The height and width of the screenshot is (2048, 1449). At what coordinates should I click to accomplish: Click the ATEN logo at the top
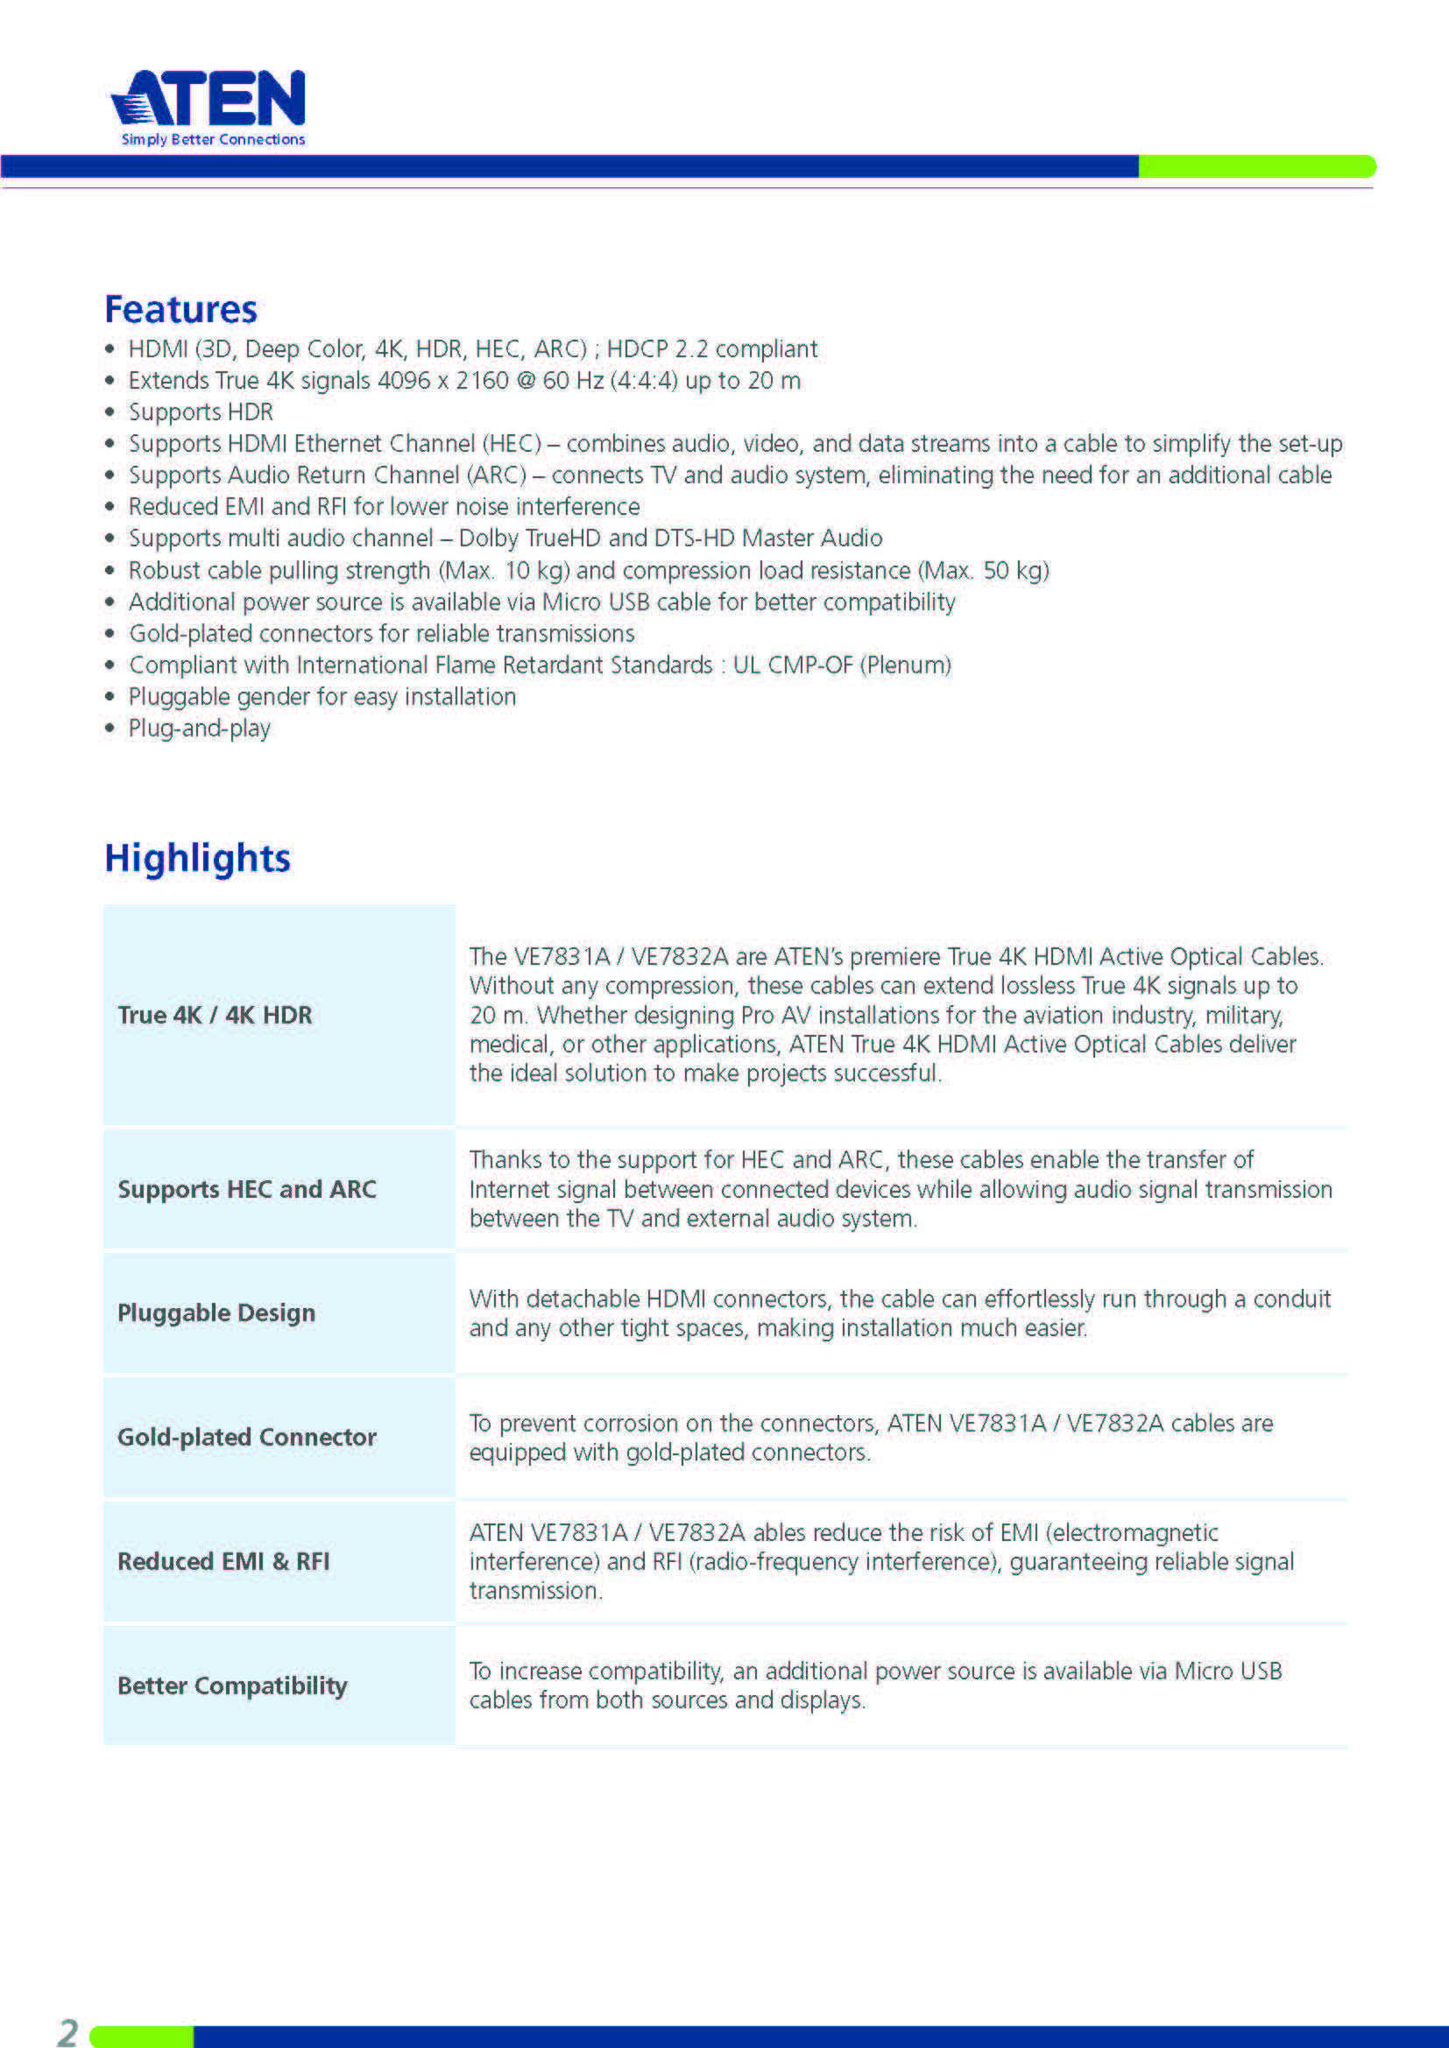click(x=209, y=98)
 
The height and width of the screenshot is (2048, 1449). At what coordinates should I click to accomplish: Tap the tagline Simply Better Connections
click(x=213, y=139)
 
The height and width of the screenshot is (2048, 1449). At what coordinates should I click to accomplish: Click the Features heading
click(x=181, y=309)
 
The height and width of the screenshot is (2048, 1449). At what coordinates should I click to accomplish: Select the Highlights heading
click(x=197, y=858)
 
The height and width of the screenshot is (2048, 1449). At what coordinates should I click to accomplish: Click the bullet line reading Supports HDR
click(x=201, y=412)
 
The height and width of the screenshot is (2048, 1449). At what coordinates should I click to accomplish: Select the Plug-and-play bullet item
click(x=199, y=728)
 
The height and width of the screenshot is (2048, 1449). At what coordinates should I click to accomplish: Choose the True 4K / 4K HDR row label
click(x=215, y=1015)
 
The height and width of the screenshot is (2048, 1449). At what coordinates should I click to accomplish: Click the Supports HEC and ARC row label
click(x=247, y=1189)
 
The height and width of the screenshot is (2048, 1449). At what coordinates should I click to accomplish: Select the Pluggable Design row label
click(x=216, y=1313)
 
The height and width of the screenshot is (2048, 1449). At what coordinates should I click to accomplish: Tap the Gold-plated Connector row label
click(x=247, y=1437)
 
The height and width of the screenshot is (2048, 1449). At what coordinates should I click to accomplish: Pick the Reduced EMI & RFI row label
click(x=224, y=1561)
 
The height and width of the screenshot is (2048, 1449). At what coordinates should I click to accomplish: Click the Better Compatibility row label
click(x=233, y=1685)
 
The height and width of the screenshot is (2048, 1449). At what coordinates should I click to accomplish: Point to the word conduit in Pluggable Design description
click(x=1291, y=1298)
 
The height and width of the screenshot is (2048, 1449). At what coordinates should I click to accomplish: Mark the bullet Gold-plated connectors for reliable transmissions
click(x=382, y=633)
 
